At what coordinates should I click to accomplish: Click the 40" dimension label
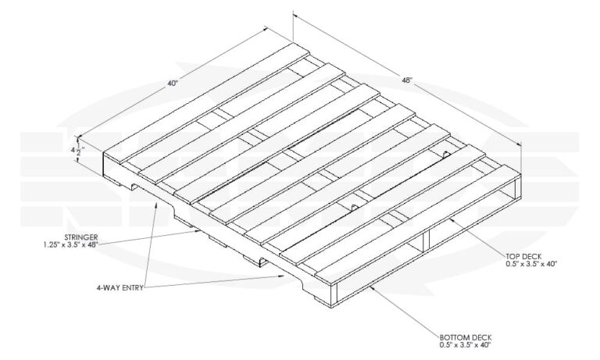(x=172, y=83)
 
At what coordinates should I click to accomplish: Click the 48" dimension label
(x=408, y=80)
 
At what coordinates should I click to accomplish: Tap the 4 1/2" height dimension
(x=77, y=149)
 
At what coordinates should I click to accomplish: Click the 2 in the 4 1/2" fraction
(x=79, y=154)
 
